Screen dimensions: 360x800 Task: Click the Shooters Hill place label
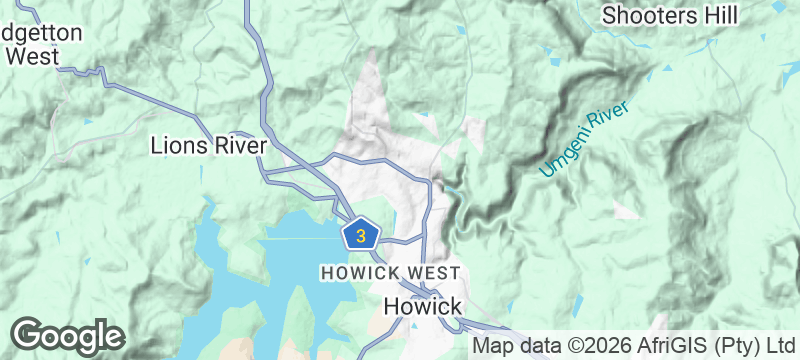tap(670, 15)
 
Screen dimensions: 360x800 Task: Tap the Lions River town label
tap(208, 146)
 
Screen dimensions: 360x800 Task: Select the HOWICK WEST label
tap(390, 272)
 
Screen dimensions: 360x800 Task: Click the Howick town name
tap(422, 306)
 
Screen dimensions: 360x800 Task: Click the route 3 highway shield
tap(361, 236)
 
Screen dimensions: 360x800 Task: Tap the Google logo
tap(68, 336)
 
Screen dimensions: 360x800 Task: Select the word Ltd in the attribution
tap(769, 347)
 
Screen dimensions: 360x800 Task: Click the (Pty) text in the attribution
tap(720, 347)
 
